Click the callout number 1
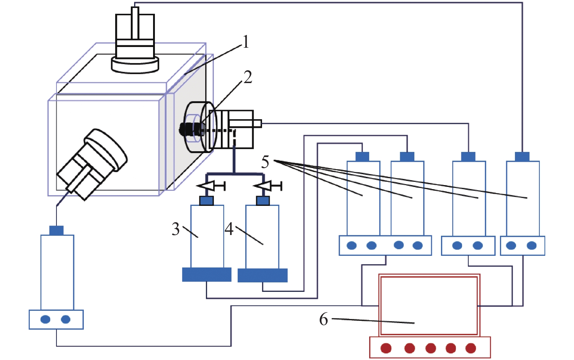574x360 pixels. point(246,42)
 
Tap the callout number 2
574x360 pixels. point(247,77)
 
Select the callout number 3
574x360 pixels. point(176,229)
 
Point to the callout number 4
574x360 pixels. point(229,229)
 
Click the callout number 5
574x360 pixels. point(265,162)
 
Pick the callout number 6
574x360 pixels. point(324,320)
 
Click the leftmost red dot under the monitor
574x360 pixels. point(386,348)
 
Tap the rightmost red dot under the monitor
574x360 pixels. point(470,348)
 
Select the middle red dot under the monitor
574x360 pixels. point(430,348)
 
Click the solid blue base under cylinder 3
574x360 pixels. point(207,274)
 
